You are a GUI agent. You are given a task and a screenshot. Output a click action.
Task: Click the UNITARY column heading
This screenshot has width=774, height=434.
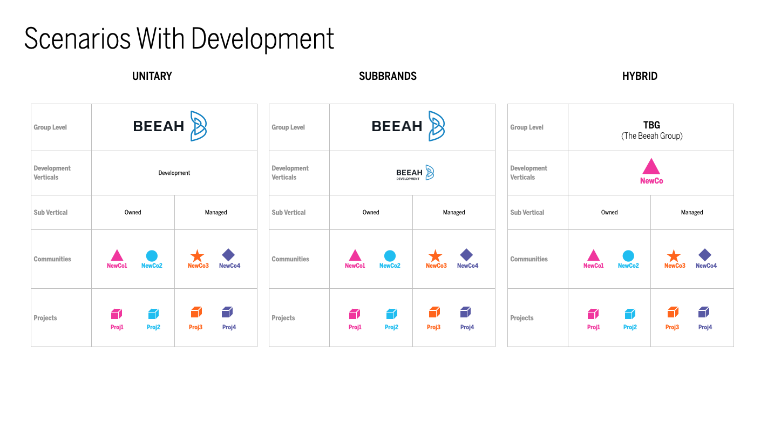click(x=152, y=76)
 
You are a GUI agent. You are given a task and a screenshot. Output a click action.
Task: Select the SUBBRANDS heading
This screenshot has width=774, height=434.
click(x=388, y=76)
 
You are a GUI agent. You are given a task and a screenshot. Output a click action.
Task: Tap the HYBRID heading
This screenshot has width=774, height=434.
click(x=640, y=76)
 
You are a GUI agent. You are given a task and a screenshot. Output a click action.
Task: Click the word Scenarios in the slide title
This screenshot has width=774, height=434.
click(x=77, y=38)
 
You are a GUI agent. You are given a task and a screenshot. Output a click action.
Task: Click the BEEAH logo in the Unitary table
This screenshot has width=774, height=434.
click(x=170, y=126)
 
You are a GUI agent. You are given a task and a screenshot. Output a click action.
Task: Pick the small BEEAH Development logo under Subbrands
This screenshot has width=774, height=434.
click(x=415, y=172)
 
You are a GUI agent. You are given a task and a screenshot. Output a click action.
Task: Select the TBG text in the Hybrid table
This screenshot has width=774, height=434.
click(x=651, y=125)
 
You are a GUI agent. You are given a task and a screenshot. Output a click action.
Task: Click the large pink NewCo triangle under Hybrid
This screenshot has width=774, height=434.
click(x=651, y=167)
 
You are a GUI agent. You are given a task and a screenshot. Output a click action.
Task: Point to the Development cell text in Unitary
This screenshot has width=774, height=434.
click(x=174, y=173)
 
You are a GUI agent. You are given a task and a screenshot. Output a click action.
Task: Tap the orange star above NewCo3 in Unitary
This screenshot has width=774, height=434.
click(x=198, y=256)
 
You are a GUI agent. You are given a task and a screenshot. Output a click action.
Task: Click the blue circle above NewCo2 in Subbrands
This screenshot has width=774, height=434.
click(x=390, y=256)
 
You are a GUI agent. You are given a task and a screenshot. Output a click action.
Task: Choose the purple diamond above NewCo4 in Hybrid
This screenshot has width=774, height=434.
click(x=705, y=255)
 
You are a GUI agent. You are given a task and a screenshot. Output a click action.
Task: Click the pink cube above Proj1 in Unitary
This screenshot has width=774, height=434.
click(x=117, y=314)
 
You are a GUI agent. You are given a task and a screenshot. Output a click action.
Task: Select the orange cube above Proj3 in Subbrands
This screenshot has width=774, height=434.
click(x=434, y=312)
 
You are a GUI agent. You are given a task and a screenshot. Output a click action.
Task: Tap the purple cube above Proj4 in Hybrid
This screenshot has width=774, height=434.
click(x=704, y=312)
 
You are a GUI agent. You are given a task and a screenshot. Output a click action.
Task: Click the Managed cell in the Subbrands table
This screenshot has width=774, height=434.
click(x=454, y=212)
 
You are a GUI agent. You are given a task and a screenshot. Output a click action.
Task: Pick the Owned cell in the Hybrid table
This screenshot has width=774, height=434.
click(x=609, y=212)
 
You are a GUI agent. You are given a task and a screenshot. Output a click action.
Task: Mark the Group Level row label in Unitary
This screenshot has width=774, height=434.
click(x=50, y=127)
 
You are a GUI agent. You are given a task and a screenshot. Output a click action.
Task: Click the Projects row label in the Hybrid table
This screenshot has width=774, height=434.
click(x=522, y=318)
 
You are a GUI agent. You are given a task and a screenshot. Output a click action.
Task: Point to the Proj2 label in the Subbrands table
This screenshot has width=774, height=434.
click(x=391, y=327)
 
